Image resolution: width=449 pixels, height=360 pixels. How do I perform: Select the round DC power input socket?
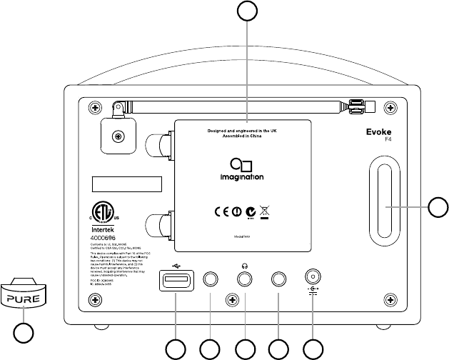[x=312, y=278]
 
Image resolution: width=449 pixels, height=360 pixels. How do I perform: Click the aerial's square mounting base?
[x=116, y=135]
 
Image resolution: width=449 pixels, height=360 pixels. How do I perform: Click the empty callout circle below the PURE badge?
[x=24, y=332]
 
